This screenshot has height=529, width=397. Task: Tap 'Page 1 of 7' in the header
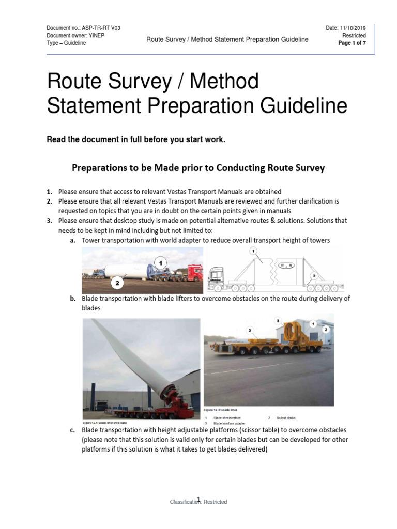352,43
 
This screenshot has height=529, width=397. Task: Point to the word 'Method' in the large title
225,82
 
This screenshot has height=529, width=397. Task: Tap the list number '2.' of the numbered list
50,201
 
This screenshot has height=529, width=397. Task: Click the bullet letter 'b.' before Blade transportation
72,299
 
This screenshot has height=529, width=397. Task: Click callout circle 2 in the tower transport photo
117,282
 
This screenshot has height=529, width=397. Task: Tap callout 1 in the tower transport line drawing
253,251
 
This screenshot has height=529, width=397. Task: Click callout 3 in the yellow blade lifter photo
278,321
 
